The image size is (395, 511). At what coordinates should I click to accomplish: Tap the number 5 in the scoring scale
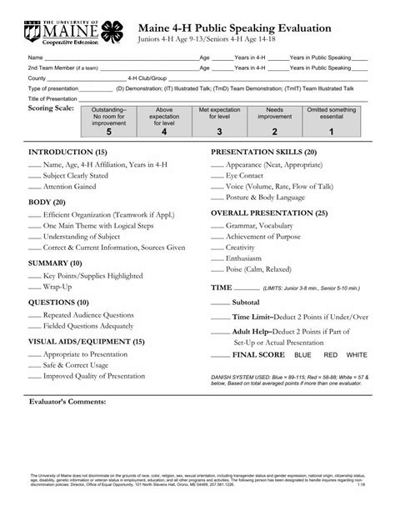tap(131, 132)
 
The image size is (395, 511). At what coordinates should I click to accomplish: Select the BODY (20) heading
tap(47, 202)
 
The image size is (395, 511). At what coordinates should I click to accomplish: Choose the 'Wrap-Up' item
tap(58, 288)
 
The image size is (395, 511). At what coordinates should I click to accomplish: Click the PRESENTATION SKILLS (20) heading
tap(262, 153)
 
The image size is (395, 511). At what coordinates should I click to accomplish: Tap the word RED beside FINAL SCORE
tap(331, 355)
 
